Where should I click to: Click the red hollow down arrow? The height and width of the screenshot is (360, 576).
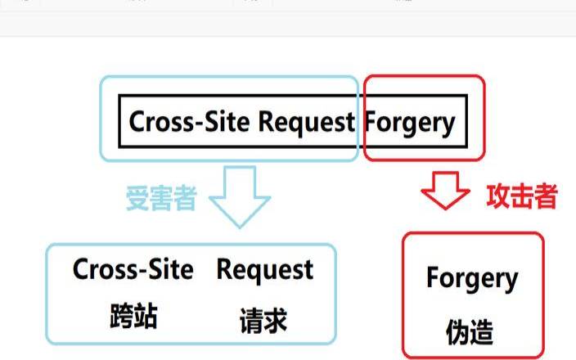(445, 191)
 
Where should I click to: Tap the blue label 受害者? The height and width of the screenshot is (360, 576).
(160, 198)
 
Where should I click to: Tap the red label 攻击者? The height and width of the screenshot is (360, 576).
(522, 196)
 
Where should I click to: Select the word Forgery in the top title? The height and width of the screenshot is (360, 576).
(410, 122)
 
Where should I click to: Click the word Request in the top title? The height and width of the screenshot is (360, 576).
(306, 122)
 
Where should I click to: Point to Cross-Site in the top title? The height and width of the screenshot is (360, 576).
(191, 122)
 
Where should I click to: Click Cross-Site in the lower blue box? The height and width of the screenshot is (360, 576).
(133, 269)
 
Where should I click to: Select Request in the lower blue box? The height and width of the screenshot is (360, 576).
(264, 269)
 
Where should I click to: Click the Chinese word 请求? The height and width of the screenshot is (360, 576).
(264, 320)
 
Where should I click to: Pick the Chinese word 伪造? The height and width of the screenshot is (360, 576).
(470, 331)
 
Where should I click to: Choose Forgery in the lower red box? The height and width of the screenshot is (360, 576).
(472, 280)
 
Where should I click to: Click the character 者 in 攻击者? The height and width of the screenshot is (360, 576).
(546, 196)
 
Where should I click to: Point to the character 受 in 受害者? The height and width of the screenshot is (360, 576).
(137, 198)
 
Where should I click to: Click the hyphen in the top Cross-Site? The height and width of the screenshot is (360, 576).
(196, 124)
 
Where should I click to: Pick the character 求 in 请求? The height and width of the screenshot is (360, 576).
(277, 320)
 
